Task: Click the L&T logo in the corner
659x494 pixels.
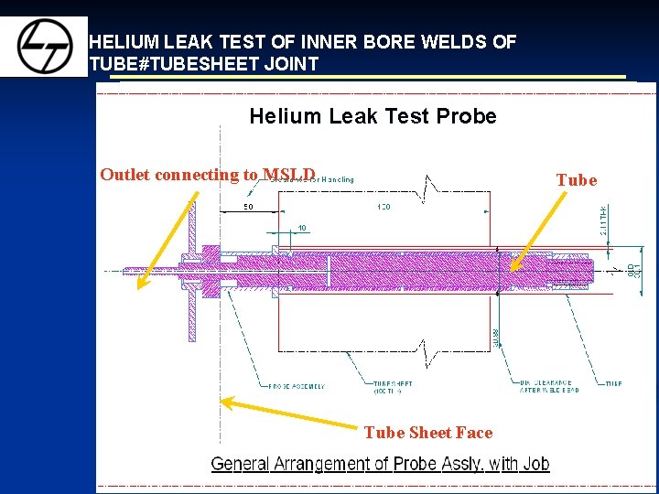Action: click(44, 46)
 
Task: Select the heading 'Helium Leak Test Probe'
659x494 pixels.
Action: click(373, 116)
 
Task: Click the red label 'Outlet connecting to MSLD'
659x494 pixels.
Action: click(208, 175)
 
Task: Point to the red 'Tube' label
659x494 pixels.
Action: click(577, 180)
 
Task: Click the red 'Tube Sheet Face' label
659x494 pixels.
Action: click(427, 433)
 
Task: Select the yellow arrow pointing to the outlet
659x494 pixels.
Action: click(166, 242)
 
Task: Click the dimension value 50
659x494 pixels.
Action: click(248, 207)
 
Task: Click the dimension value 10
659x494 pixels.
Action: click(302, 228)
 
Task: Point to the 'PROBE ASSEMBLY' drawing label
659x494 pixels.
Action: click(297, 386)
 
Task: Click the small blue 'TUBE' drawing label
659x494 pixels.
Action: click(612, 383)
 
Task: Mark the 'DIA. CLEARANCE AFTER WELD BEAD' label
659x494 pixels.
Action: click(550, 387)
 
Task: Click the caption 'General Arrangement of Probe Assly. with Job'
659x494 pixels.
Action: click(380, 463)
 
